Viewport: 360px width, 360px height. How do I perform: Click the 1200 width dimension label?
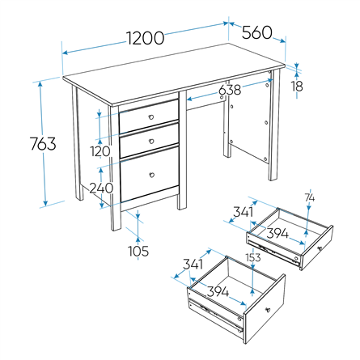tap(145, 38)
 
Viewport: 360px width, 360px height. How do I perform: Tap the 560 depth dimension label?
tap(256, 32)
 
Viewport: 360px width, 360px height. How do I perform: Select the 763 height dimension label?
tap(43, 143)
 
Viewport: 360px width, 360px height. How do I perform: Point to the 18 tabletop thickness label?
tap(297, 87)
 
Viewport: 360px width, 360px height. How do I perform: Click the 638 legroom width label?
tap(230, 90)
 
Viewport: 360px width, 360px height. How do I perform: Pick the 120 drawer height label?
tap(100, 151)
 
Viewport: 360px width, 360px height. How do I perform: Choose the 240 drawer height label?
tap(101, 188)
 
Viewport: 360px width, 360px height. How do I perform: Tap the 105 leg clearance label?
tap(138, 251)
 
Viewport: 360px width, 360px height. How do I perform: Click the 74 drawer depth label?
tap(310, 197)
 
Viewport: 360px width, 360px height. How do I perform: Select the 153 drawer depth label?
tap(253, 257)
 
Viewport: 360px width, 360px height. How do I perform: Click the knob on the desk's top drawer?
tap(151, 116)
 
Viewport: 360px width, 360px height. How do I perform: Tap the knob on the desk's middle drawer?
tap(151, 141)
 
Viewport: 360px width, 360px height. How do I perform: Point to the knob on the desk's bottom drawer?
tap(152, 175)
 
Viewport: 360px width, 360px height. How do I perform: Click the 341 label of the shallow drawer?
tap(244, 212)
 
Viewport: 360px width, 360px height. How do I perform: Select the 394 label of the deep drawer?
tap(218, 291)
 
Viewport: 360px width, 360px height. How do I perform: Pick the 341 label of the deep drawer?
tap(193, 264)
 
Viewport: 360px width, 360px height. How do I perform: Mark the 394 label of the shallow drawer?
tap(277, 233)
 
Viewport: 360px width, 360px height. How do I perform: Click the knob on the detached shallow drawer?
tap(320, 248)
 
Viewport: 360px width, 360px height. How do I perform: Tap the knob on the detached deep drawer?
tap(268, 310)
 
